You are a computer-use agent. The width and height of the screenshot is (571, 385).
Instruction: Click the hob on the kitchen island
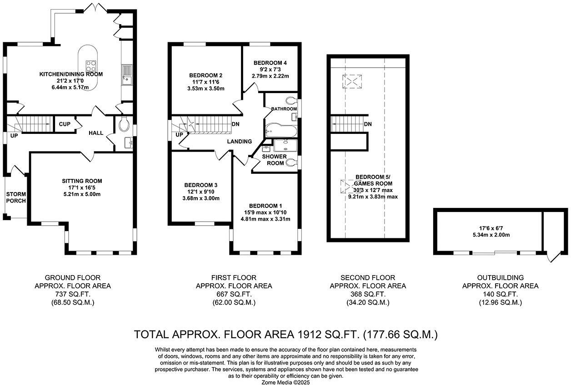tap(91, 66)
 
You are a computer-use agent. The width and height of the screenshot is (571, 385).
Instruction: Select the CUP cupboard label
tap(65, 124)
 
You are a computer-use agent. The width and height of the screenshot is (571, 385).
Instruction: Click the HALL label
tap(96, 133)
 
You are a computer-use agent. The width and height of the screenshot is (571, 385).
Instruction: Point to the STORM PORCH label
tap(16, 197)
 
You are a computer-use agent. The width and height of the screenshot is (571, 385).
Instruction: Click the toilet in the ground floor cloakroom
tap(124, 124)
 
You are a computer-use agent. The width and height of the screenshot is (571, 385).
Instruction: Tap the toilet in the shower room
tap(291, 162)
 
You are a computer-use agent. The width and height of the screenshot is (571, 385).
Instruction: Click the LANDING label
tap(240, 141)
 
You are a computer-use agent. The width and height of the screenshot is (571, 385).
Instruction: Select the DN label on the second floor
tap(368, 124)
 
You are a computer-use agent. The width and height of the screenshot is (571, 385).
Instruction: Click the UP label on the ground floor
tap(14, 136)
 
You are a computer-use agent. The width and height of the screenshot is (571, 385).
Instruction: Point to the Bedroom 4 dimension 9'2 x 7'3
tap(270, 69)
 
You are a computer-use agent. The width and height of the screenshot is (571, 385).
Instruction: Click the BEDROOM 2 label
tap(205, 75)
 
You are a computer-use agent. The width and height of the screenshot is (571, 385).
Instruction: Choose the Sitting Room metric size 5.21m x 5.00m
tap(82, 194)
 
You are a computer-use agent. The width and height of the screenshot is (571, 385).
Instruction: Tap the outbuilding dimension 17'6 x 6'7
tap(491, 228)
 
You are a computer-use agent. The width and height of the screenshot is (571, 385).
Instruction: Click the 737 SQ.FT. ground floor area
tap(73, 294)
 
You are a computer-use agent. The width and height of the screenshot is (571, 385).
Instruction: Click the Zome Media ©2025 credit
tap(285, 382)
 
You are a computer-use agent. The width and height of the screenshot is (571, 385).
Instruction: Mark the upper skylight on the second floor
tap(352, 81)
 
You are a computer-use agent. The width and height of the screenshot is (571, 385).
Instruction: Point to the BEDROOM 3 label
tap(201, 185)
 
